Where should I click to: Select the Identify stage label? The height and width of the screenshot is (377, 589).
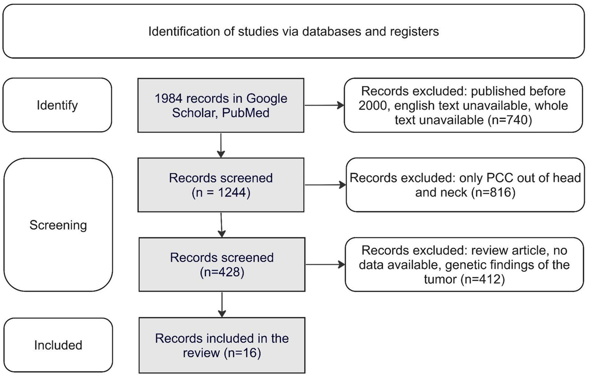tap(56, 105)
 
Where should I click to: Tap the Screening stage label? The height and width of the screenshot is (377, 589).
tap(58, 225)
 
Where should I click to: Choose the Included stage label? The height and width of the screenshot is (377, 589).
tap(58, 345)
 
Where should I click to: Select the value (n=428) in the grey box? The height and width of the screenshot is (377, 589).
tap(222, 271)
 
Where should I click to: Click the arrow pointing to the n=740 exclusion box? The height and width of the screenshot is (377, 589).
tap(324, 105)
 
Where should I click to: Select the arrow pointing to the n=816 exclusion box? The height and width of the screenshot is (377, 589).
tap(324, 185)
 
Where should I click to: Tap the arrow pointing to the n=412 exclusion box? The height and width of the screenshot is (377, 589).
tap(324, 265)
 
